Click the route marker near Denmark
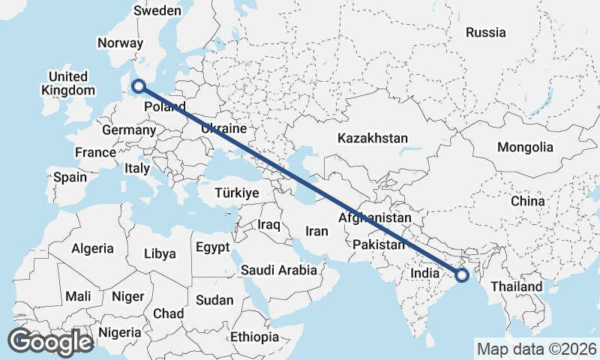[x=138, y=86]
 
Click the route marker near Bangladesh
[x=462, y=275]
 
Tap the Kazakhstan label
[x=372, y=138]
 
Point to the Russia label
[x=485, y=32]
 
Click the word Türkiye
[x=236, y=193]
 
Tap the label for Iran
[x=317, y=231]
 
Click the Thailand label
[x=516, y=286]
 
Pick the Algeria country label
[x=92, y=248]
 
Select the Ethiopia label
[x=254, y=337]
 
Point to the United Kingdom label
[x=68, y=83]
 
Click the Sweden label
[x=157, y=10]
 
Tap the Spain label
[x=70, y=178]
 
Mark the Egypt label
[x=211, y=247]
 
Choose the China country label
[x=527, y=201]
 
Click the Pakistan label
[x=378, y=244]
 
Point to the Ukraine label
[x=223, y=129]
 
